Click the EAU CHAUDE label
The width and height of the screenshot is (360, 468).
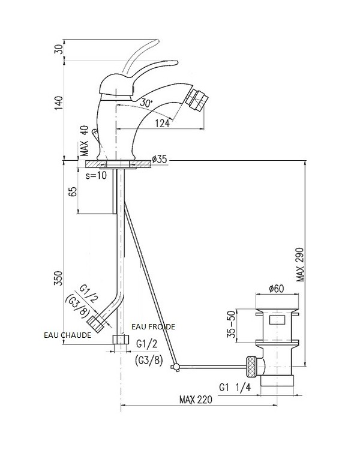68,335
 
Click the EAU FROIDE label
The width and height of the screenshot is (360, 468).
154,326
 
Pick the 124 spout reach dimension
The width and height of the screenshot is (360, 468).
161,123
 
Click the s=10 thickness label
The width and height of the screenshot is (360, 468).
97,176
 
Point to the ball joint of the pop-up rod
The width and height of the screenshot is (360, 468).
175,366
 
